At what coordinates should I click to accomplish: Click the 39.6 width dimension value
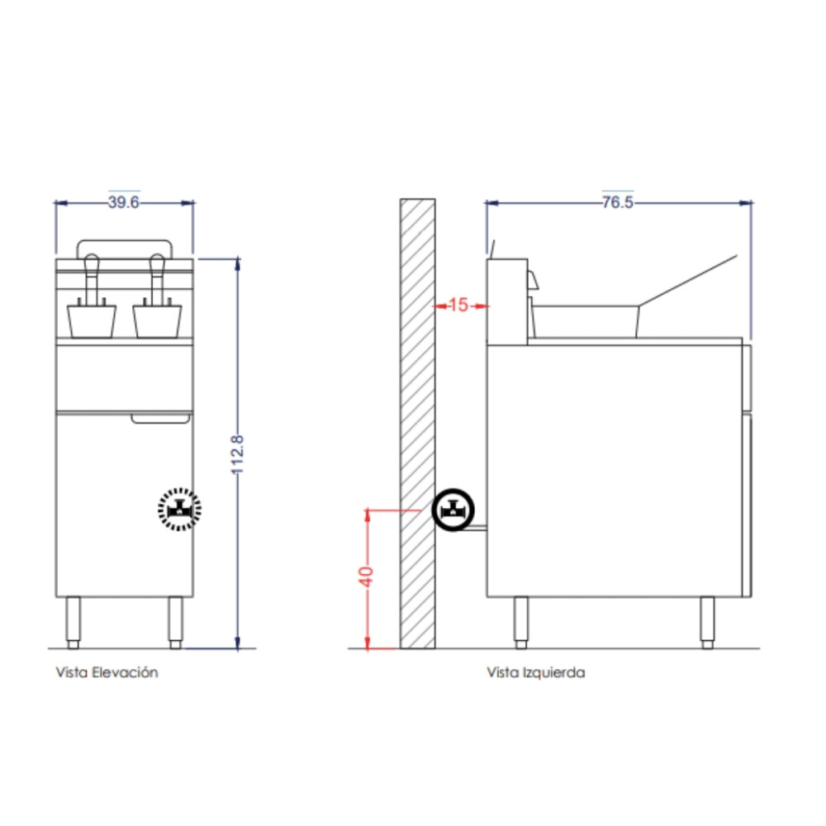click(x=123, y=202)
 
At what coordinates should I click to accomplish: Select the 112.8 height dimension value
click(x=238, y=454)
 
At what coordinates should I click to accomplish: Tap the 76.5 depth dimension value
click(x=617, y=202)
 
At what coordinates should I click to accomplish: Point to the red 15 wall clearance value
click(x=458, y=305)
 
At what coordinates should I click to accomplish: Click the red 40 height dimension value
click(x=366, y=577)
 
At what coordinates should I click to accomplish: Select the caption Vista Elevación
click(x=107, y=672)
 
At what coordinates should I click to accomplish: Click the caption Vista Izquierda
click(x=536, y=672)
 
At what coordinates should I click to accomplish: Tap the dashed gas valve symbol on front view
click(x=179, y=510)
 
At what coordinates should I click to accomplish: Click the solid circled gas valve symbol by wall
click(x=453, y=510)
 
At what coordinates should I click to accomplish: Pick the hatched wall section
click(x=417, y=424)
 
